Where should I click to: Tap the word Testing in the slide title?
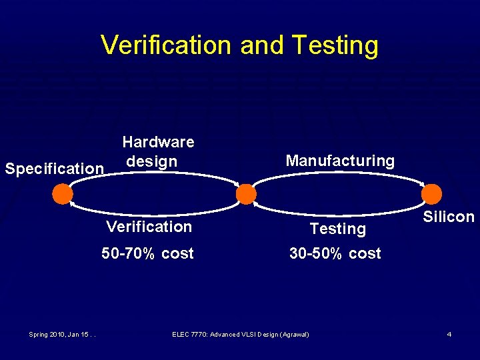click(x=335, y=45)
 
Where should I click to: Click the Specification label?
click(x=54, y=169)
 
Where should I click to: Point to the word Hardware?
click(x=158, y=142)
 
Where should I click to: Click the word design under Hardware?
click(x=152, y=161)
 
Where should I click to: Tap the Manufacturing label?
click(x=340, y=161)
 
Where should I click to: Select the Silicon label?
click(x=449, y=217)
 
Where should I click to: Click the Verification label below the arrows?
click(x=149, y=227)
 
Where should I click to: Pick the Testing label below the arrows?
click(x=338, y=229)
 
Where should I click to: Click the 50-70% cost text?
click(x=147, y=253)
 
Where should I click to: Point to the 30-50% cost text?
click(x=335, y=253)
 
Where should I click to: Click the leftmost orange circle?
click(x=63, y=194)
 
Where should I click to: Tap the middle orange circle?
click(x=246, y=194)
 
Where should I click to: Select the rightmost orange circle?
click(x=432, y=194)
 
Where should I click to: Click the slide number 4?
click(x=449, y=334)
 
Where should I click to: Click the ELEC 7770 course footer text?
click(x=240, y=334)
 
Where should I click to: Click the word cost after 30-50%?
click(x=365, y=253)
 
